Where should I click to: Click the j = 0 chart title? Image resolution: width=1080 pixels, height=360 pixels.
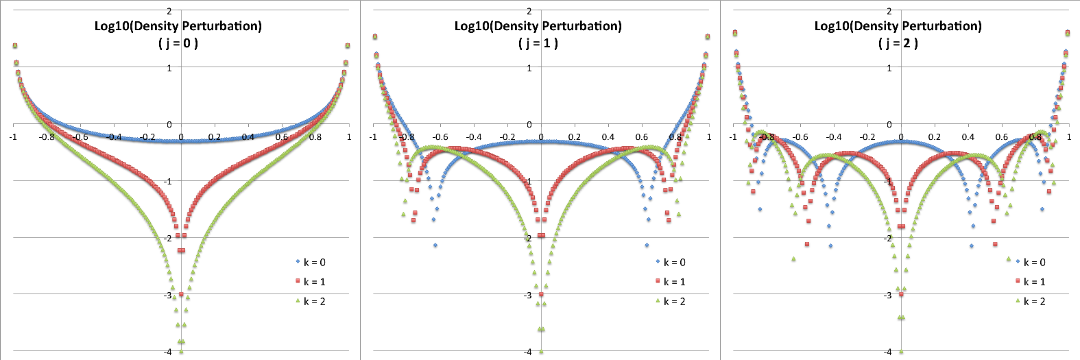click(178, 34)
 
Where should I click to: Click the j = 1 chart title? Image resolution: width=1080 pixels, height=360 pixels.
click(538, 34)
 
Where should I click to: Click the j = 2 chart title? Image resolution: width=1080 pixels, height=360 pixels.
click(898, 34)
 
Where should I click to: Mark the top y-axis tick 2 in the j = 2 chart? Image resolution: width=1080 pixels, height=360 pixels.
click(889, 11)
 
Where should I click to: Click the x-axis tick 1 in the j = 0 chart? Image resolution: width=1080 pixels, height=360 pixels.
click(349, 137)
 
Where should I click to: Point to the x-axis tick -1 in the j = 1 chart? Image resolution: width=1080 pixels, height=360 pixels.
click(373, 137)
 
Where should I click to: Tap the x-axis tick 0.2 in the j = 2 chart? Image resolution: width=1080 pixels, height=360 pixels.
click(935, 137)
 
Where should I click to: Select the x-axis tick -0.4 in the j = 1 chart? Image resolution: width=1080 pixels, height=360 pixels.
click(474, 137)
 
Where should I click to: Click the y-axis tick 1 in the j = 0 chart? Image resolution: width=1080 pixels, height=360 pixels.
click(169, 68)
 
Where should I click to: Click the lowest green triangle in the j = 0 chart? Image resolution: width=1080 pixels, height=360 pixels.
click(181, 351)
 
